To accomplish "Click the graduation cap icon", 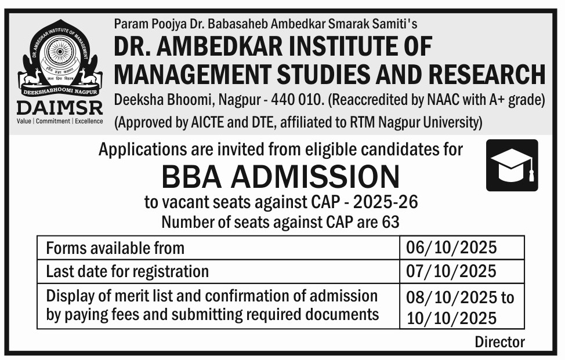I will pos(512,165).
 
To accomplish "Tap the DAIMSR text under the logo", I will pos(60,107).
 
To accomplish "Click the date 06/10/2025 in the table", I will pos(452,248).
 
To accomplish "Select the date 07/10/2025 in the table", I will pos(452,271).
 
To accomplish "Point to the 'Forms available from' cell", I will pos(115,248).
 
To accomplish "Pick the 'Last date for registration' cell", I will pos(127,271).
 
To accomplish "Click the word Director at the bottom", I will pos(499,341).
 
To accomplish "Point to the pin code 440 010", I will pos(295,100).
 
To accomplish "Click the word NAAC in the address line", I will pos(441,100).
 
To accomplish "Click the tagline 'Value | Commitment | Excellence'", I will pos(60,121).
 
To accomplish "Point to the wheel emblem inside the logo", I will pos(60,54).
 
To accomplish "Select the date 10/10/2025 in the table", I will pos(452,318).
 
